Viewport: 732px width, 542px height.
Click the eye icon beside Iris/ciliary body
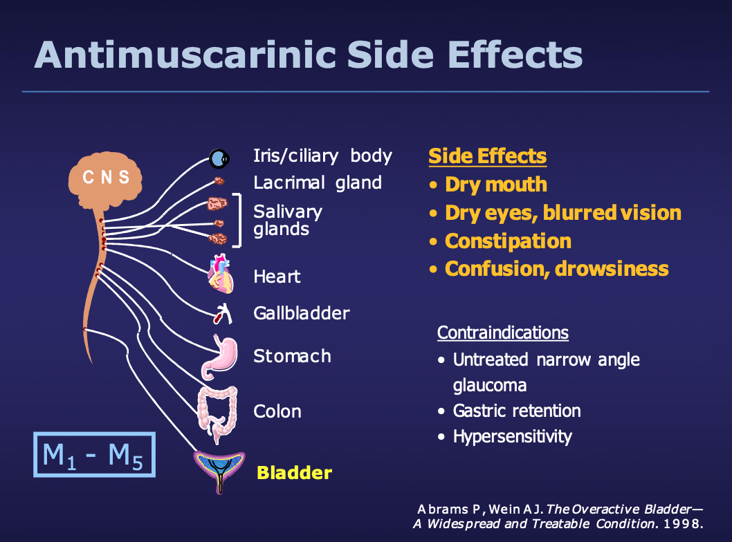pos(219,160)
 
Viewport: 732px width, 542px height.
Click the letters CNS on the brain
pos(106,177)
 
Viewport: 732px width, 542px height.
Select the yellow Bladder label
pos(294,473)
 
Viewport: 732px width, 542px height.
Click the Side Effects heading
pos(487,156)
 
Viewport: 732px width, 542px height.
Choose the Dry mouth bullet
pos(495,185)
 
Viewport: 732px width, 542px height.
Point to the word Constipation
pos(508,241)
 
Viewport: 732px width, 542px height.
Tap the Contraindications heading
pos(502,333)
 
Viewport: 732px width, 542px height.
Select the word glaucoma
pos(490,385)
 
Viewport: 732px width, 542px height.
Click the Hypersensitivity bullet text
pos(512,437)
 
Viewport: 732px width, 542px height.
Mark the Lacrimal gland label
pos(318,183)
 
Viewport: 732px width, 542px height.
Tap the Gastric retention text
pos(516,411)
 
